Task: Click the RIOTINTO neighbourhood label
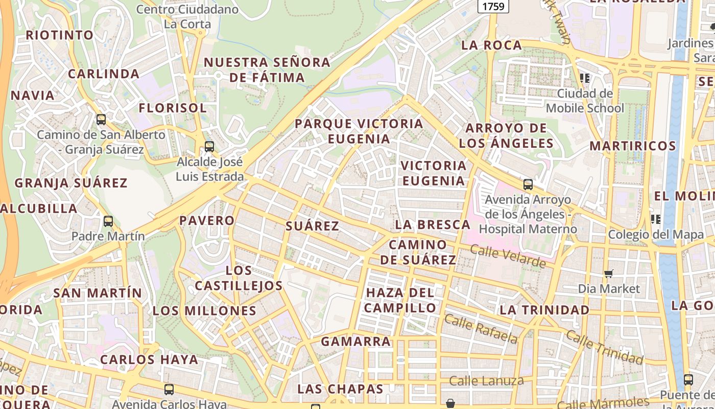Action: click(x=60, y=35)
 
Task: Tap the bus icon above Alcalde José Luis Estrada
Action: click(x=209, y=147)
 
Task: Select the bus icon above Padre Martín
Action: click(x=108, y=221)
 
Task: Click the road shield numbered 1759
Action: click(x=492, y=6)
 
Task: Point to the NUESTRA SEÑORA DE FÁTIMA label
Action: click(x=267, y=70)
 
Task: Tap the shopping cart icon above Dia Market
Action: click(x=608, y=274)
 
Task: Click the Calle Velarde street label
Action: click(x=508, y=256)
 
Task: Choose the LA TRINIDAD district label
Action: click(x=544, y=310)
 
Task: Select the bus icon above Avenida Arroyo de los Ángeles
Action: click(x=528, y=185)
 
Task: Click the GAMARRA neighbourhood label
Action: click(x=355, y=341)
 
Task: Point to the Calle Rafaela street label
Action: click(x=481, y=329)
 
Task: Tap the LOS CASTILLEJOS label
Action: click(x=239, y=278)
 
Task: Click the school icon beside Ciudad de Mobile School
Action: click(x=585, y=78)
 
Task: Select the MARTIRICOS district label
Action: click(x=633, y=146)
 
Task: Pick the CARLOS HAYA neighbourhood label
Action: click(x=149, y=359)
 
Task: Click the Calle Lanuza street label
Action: click(x=486, y=380)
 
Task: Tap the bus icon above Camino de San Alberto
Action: click(x=101, y=120)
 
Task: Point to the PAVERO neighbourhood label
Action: click(x=207, y=220)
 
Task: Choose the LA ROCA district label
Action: click(x=491, y=45)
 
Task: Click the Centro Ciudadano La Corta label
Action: click(x=187, y=16)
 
